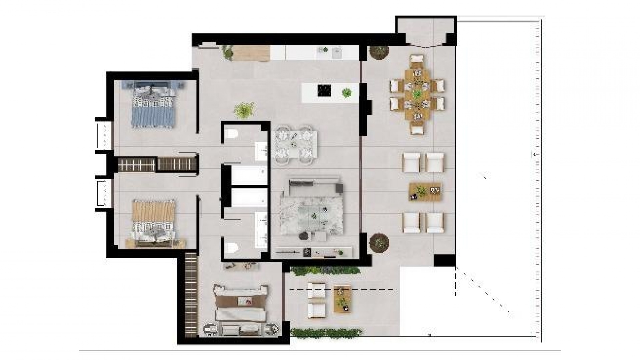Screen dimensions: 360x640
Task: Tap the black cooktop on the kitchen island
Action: tap(324, 90)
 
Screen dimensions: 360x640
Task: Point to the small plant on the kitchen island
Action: tap(347, 92)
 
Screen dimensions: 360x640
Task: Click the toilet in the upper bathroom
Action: tap(231, 135)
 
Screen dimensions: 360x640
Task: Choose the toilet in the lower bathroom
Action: tap(231, 248)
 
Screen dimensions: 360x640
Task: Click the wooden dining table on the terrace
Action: tap(417, 94)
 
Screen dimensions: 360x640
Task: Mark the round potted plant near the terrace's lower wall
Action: tap(379, 243)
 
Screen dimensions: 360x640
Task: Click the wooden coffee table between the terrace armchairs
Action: tap(425, 192)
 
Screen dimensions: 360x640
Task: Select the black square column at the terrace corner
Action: tap(445, 260)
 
